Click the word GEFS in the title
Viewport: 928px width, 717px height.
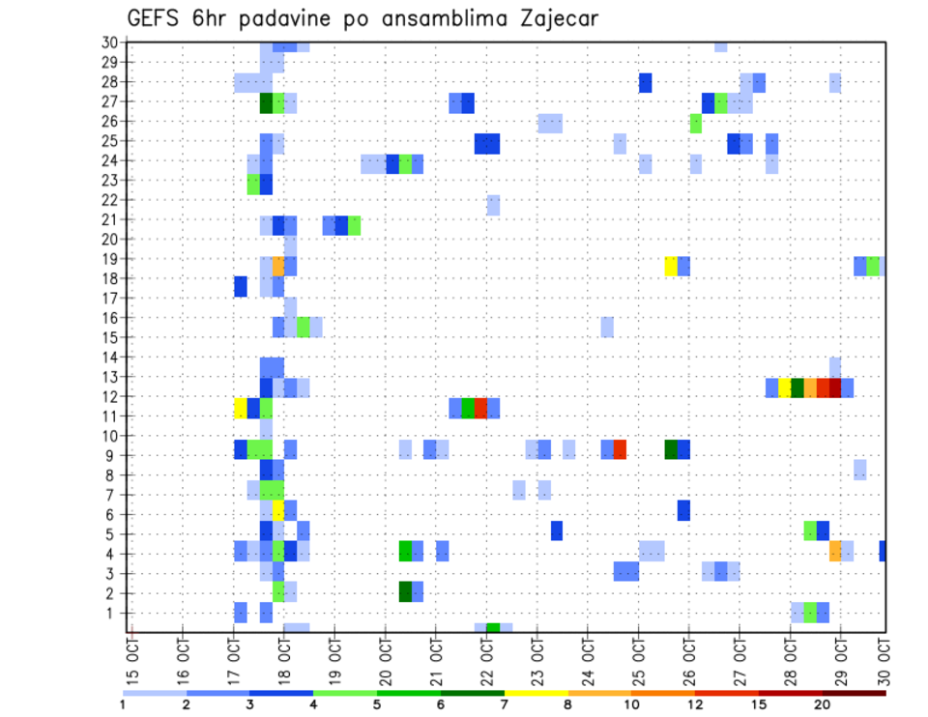click(156, 18)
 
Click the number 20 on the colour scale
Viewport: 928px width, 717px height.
click(824, 703)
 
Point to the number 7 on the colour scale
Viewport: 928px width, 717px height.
click(505, 703)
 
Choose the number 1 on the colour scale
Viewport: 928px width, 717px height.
click(123, 703)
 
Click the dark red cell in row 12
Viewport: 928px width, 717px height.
click(834, 387)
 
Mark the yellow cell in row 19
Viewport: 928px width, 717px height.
click(671, 266)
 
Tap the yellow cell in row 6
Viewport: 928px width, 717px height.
click(278, 509)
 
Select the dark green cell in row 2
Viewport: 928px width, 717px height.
click(405, 590)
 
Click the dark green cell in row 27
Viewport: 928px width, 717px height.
click(266, 102)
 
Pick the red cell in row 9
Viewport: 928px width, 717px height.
click(620, 449)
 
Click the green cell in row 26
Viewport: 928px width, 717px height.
click(695, 123)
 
